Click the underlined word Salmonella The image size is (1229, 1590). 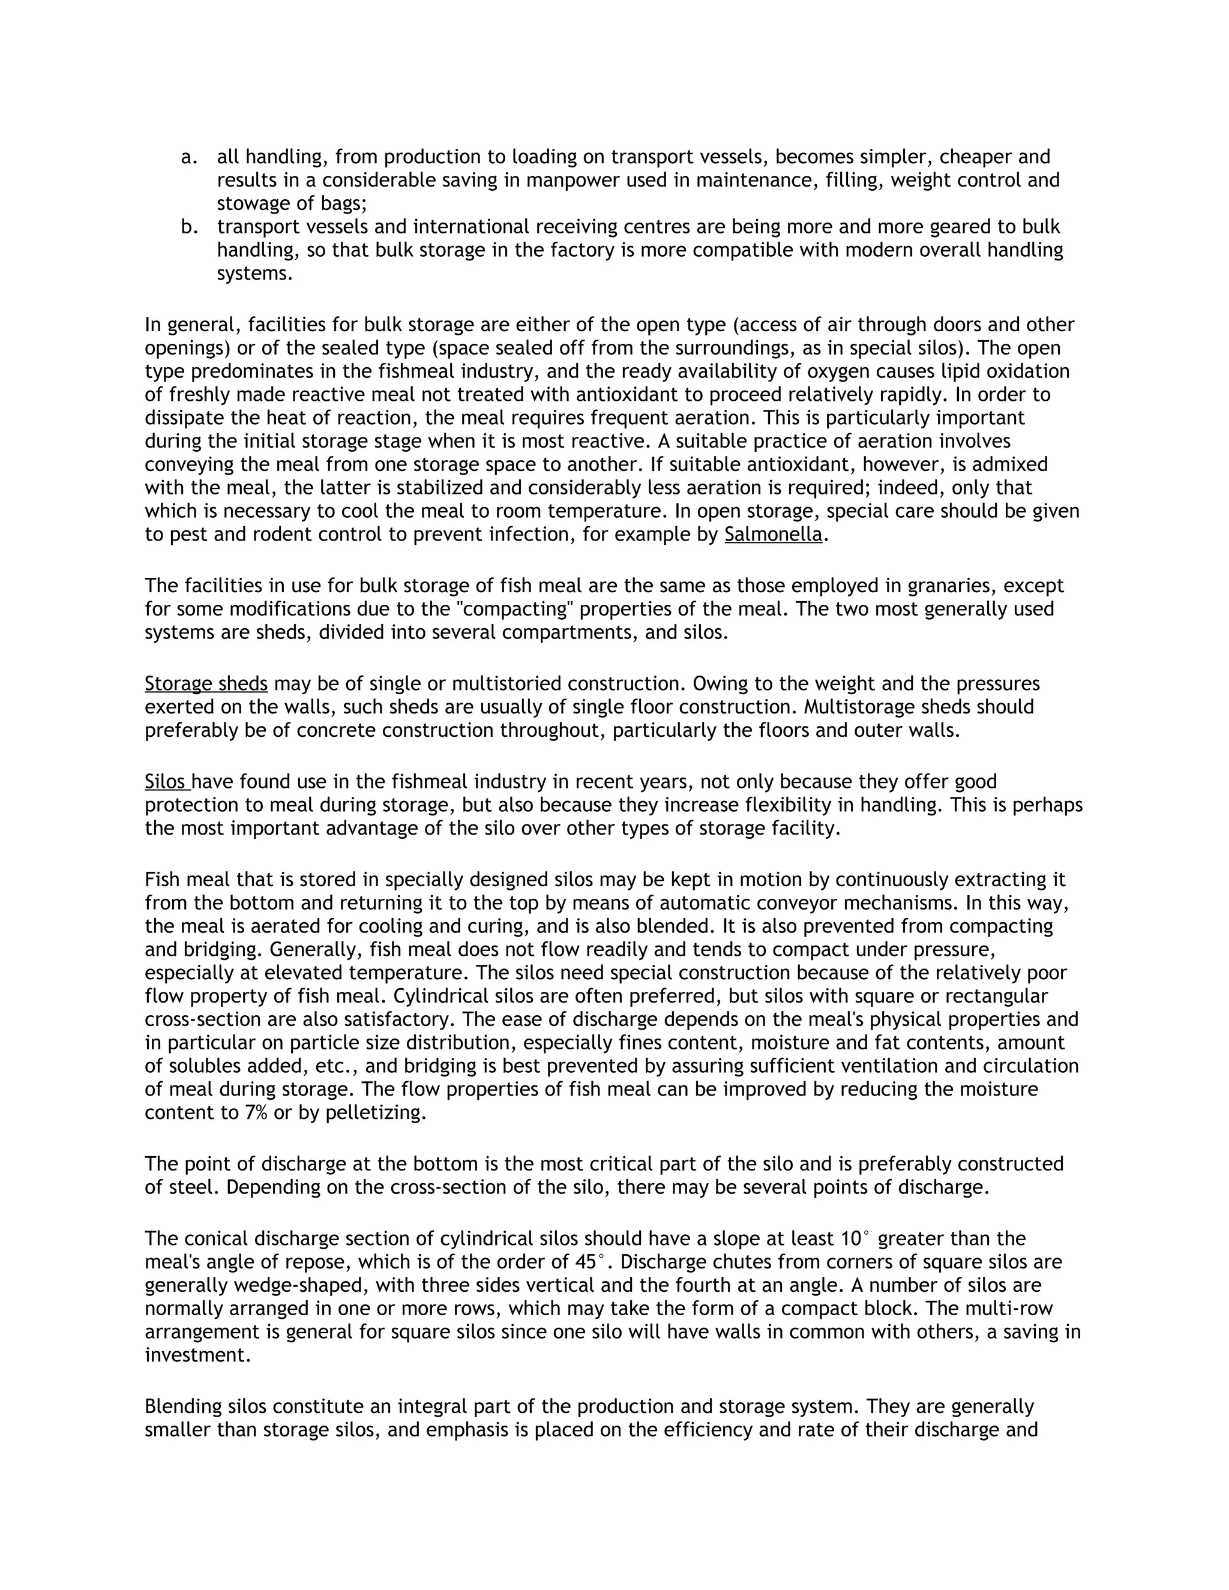click(772, 535)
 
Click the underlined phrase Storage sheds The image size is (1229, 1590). click(206, 683)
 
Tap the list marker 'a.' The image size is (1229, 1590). click(188, 157)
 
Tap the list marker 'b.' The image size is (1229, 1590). click(188, 227)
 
